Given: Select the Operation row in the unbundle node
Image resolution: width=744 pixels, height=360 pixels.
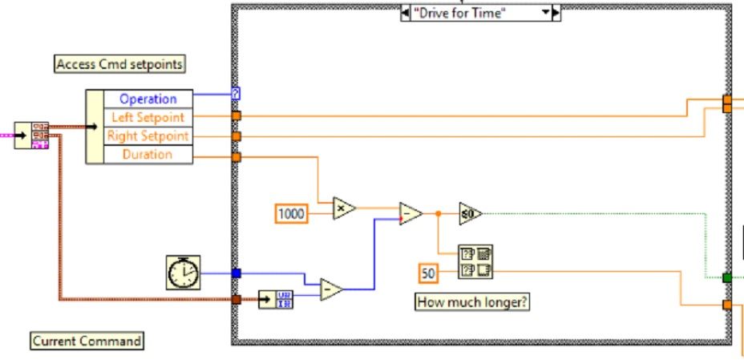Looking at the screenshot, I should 148,99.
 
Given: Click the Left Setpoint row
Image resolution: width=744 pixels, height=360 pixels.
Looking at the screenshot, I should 149,117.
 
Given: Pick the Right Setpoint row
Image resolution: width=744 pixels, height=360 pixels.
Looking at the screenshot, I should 148,136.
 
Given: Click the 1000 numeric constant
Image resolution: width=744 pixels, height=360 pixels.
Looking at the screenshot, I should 290,213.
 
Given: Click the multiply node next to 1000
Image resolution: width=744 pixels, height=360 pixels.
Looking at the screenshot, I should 344,208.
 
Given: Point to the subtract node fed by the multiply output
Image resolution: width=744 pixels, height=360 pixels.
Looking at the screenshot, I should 410,213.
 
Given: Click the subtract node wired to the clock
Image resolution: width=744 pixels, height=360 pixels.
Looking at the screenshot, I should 330,289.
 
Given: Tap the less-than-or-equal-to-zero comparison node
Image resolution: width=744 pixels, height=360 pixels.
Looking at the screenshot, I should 471,213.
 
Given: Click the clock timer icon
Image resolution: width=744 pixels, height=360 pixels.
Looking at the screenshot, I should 182,273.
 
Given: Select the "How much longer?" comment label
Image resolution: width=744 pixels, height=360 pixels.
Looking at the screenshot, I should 472,301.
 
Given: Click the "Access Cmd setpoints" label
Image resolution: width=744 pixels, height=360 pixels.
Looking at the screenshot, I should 119,64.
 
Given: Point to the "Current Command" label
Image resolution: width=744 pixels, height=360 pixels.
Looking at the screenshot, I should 87,341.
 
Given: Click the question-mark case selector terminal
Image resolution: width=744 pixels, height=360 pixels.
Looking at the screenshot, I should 236,94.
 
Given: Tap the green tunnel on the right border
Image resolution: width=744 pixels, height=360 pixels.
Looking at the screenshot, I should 726,277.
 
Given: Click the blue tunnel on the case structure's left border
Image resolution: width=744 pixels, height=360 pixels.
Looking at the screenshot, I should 236,273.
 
